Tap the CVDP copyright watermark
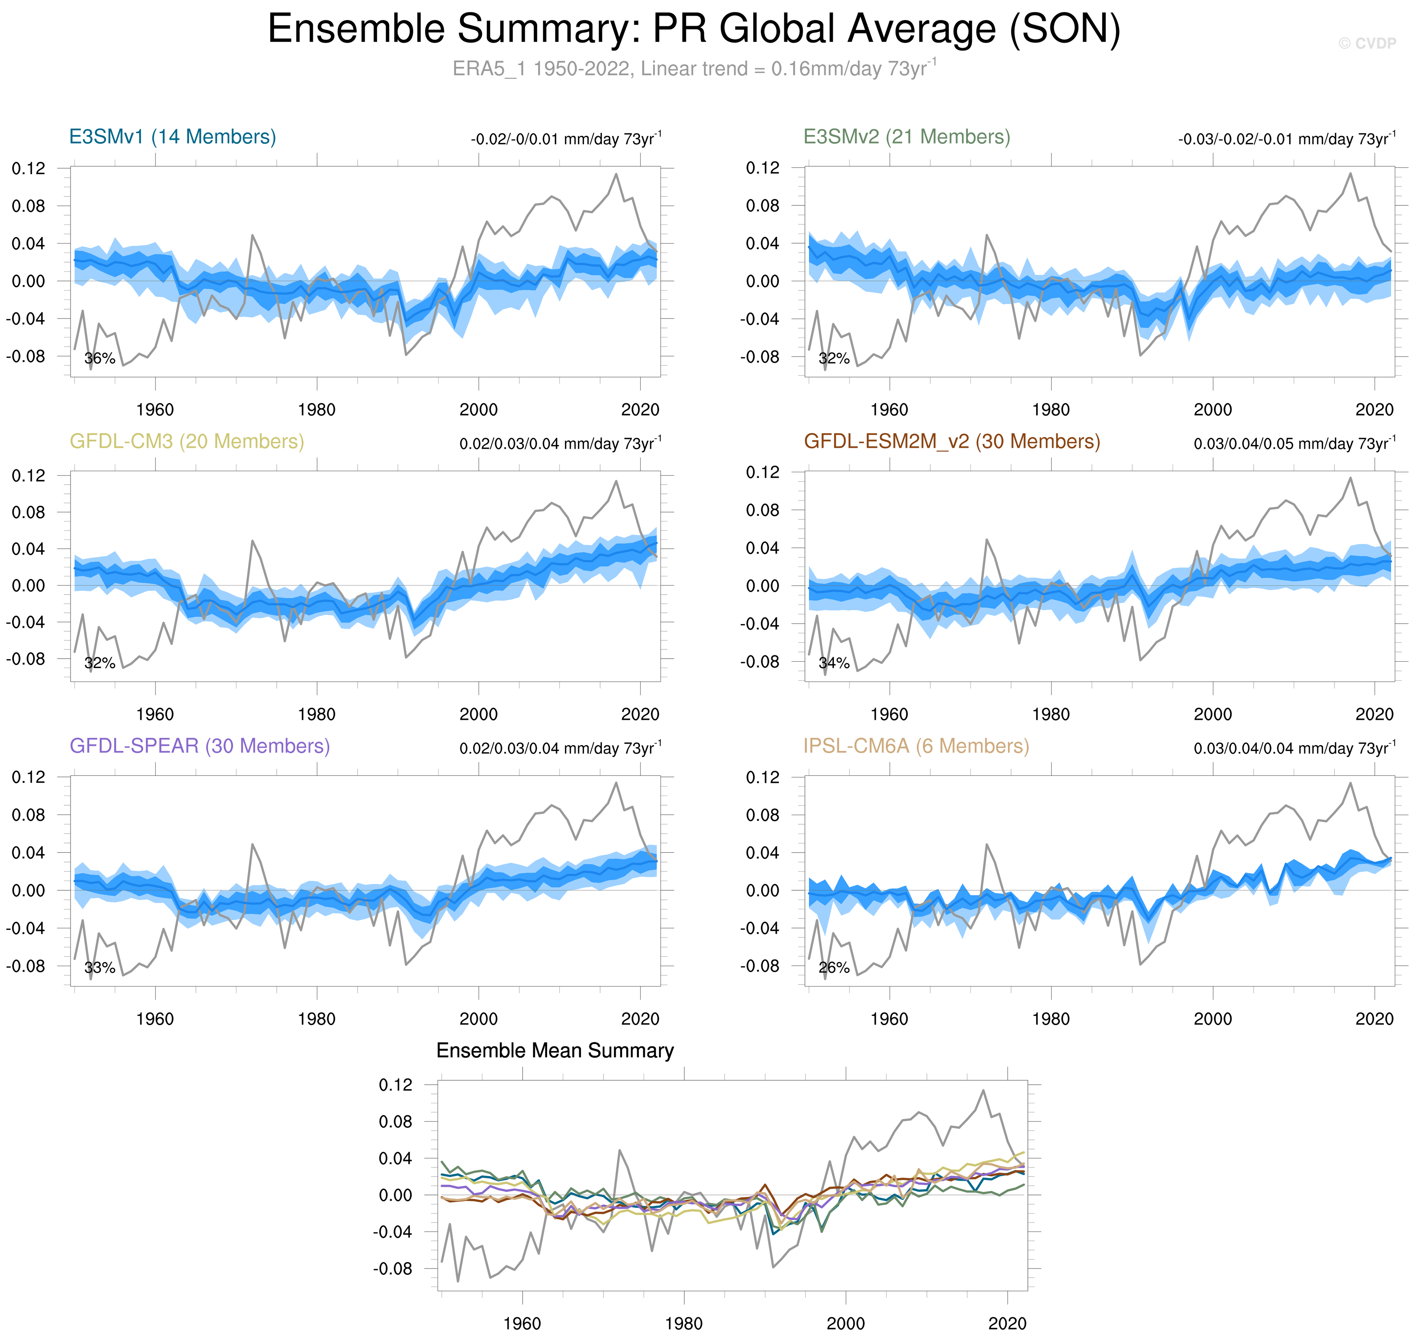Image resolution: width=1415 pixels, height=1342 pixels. pyautogui.click(x=1367, y=44)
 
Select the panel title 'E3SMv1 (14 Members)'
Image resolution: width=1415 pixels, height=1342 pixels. pyautogui.click(x=172, y=137)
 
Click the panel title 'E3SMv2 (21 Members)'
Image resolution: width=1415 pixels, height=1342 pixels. pyautogui.click(x=906, y=137)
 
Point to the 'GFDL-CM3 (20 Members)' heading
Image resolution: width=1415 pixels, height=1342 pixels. pyautogui.click(x=187, y=441)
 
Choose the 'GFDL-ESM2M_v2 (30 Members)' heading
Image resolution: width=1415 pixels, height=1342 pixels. pyautogui.click(x=951, y=441)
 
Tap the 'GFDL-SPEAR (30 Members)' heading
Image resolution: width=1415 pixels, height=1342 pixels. pyautogui.click(x=200, y=746)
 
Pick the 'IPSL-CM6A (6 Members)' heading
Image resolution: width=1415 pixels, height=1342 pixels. pyautogui.click(x=916, y=746)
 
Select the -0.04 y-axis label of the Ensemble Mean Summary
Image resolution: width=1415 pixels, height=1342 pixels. pyautogui.click(x=393, y=1232)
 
